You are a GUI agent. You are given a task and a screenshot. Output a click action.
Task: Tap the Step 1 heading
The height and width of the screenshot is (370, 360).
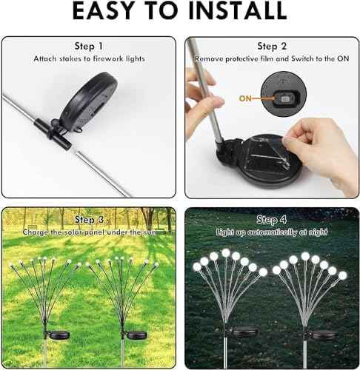click(89, 46)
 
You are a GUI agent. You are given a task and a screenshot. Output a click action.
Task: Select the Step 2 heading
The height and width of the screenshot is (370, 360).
click(272, 46)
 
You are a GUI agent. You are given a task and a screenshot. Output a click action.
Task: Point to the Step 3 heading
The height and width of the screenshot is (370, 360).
click(89, 220)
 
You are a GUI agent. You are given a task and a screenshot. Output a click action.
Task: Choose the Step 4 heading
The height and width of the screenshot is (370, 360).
click(272, 220)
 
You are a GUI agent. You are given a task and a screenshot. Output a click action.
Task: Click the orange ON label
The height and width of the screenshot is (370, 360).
click(245, 98)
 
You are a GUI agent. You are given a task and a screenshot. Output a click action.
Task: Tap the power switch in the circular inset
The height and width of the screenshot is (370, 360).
click(286, 99)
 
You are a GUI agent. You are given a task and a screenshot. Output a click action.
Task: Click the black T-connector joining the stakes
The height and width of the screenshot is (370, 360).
click(53, 133)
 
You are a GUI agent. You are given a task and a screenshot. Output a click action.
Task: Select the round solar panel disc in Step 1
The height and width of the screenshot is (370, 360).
click(88, 100)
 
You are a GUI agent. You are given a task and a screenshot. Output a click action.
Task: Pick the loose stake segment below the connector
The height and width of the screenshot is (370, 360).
click(104, 174)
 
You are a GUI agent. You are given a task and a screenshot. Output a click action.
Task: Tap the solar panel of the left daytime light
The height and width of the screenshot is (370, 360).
click(59, 334)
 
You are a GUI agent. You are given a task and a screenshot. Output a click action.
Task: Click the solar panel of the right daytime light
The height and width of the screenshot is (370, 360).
click(137, 334)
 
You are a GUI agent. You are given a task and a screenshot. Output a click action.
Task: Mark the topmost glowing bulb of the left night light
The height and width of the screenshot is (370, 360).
click(226, 252)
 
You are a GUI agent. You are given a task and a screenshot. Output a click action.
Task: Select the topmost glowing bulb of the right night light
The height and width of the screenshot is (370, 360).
click(305, 256)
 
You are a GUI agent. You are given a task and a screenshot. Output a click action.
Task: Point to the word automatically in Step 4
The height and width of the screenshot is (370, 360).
click(273, 232)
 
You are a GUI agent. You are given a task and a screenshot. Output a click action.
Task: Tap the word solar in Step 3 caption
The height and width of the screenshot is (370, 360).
click(73, 232)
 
